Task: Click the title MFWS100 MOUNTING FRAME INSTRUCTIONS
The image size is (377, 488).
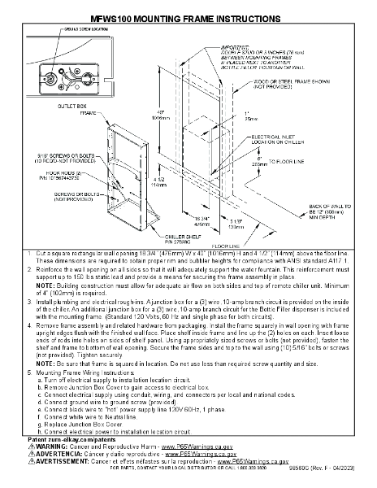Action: click(x=188, y=16)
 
